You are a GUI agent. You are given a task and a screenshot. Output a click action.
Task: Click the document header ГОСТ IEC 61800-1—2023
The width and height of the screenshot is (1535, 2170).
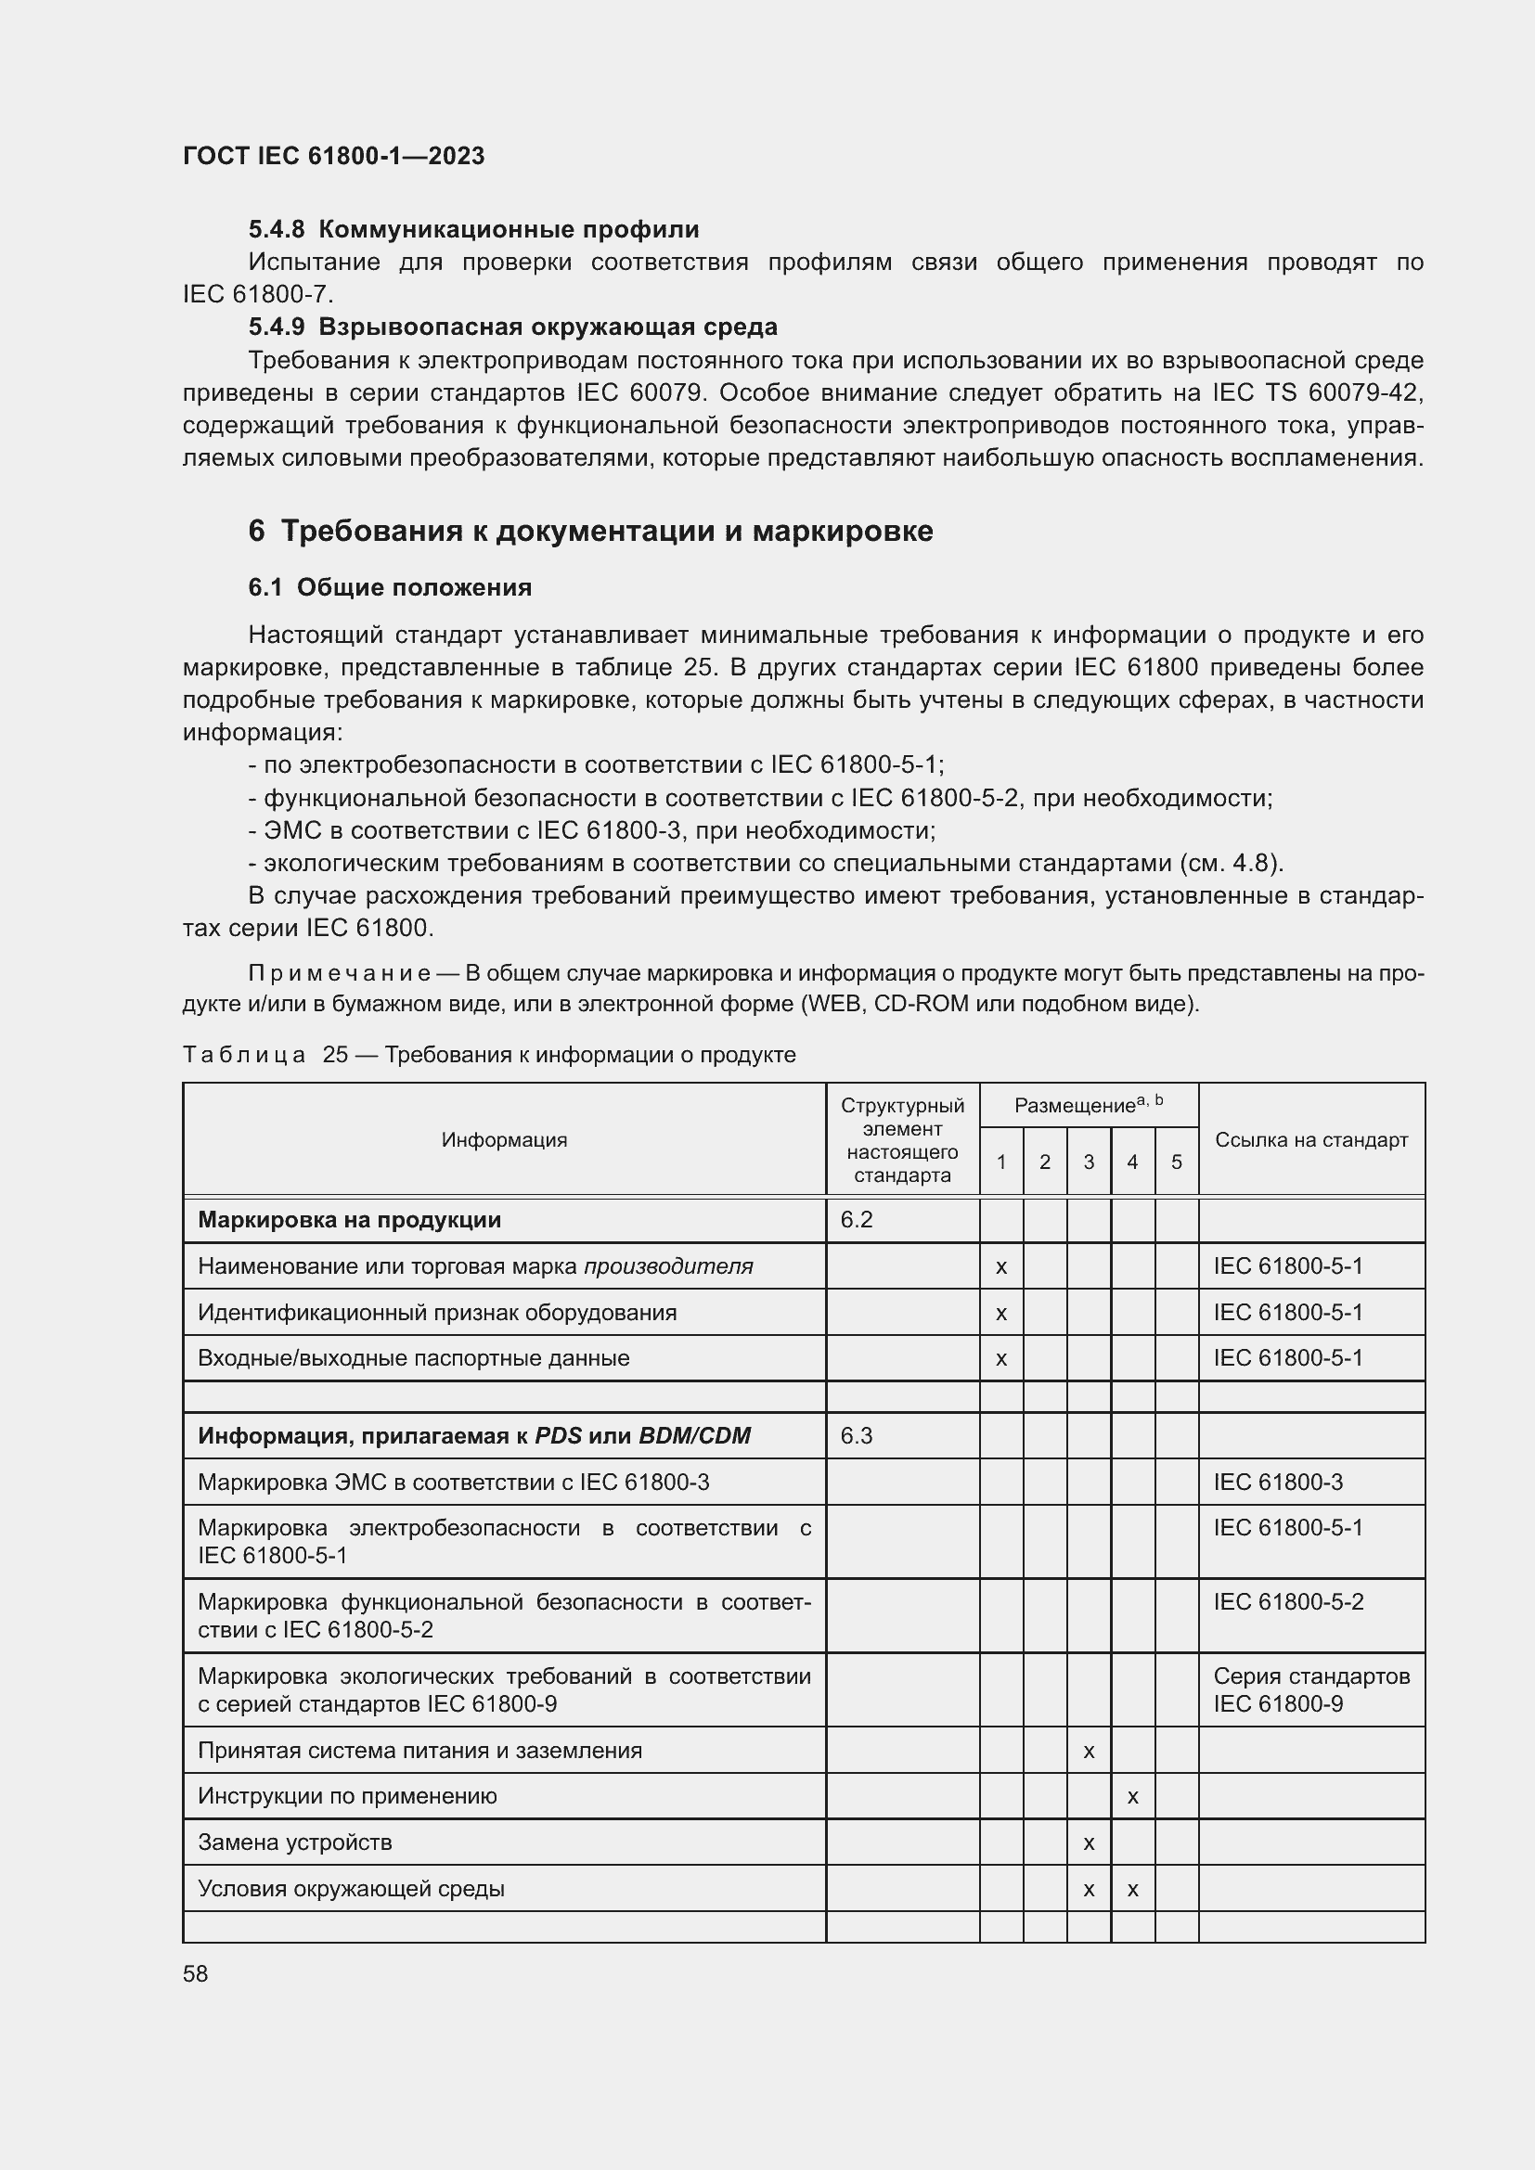tap(333, 156)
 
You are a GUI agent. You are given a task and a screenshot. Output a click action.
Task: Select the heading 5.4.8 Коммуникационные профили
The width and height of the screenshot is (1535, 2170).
tap(473, 230)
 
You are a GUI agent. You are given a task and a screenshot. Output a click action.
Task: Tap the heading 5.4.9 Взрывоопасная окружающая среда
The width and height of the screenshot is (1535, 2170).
tap(512, 327)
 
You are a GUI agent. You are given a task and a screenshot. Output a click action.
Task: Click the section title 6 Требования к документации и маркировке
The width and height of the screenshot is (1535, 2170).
tap(590, 532)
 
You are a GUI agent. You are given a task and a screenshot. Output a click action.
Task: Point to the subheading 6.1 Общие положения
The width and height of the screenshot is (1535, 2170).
tap(390, 588)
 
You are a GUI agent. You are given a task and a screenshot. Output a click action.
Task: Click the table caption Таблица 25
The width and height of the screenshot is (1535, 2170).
tap(245, 1055)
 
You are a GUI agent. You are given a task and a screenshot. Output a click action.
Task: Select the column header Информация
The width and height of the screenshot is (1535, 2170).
tap(504, 1140)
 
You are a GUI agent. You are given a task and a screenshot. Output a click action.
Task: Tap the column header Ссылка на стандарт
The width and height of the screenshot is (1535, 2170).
tap(1311, 1140)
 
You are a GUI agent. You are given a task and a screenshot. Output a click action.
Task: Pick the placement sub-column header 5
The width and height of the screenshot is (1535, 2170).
tap(1176, 1162)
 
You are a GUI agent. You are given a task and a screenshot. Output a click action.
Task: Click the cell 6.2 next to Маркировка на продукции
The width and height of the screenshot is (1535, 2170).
tap(857, 1220)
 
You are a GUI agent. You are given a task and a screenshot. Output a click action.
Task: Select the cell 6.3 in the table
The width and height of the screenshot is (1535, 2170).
tap(857, 1435)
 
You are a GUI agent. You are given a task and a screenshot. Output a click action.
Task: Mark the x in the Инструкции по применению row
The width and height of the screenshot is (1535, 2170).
tap(1132, 1797)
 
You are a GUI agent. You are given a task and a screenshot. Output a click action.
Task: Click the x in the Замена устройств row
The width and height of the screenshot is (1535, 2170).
tap(1088, 1843)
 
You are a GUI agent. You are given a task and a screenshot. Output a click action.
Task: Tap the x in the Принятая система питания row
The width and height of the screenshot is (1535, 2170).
tap(1088, 1752)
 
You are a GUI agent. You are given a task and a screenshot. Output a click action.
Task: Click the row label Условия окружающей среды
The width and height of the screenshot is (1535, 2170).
tap(351, 1888)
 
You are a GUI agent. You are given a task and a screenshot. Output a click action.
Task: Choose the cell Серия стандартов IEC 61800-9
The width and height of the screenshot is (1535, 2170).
tap(1311, 1689)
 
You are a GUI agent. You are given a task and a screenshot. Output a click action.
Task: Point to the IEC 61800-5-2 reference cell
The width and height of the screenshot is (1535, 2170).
tap(1288, 1602)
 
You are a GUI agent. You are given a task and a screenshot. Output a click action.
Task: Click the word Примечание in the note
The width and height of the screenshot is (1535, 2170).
tap(340, 973)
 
